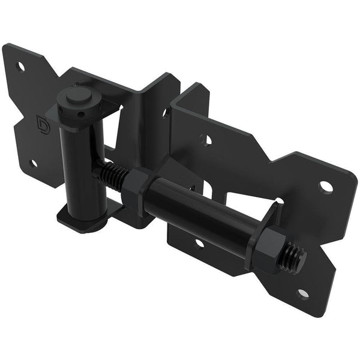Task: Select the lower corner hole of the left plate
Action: (34, 163)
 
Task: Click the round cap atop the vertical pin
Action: (76, 95)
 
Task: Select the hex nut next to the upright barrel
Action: (139, 187)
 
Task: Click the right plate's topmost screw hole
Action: (206, 140)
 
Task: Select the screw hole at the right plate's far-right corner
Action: (326, 187)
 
